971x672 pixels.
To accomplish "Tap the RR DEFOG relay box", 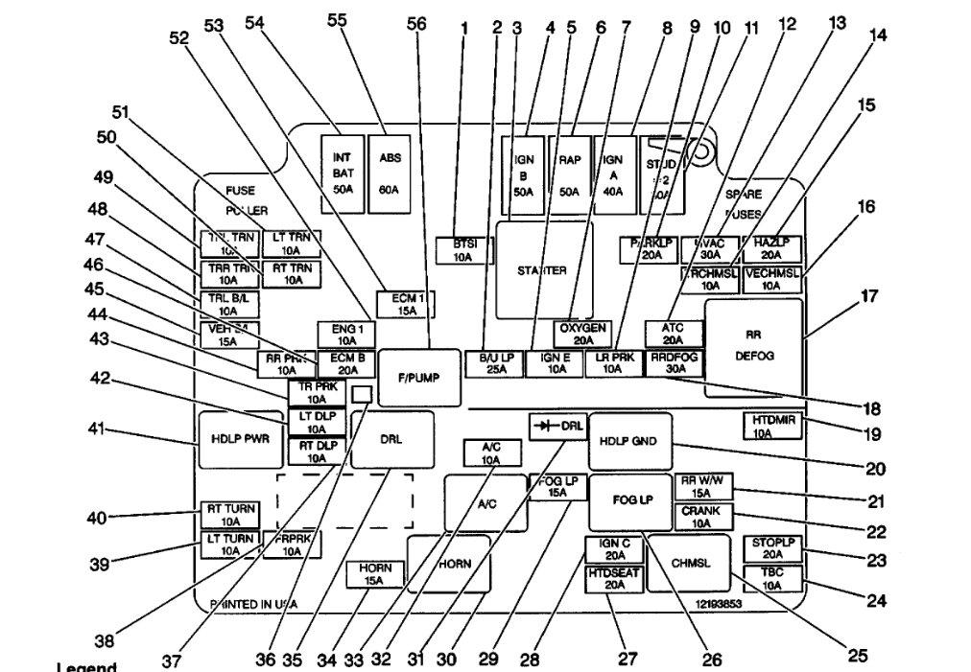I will [x=753, y=347].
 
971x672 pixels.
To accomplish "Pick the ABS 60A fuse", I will [x=389, y=174].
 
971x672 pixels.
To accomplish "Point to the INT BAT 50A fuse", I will [x=343, y=174].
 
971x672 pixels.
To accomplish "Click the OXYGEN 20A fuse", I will [x=581, y=334].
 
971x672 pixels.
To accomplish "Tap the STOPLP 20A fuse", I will [x=773, y=549].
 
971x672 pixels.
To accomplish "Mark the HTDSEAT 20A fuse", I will [x=614, y=580].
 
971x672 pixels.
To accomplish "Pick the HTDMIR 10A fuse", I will [x=772, y=426].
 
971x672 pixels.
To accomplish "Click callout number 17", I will [x=869, y=297].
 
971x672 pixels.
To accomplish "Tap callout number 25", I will [x=857, y=656].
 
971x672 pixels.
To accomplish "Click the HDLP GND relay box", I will [x=630, y=443].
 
